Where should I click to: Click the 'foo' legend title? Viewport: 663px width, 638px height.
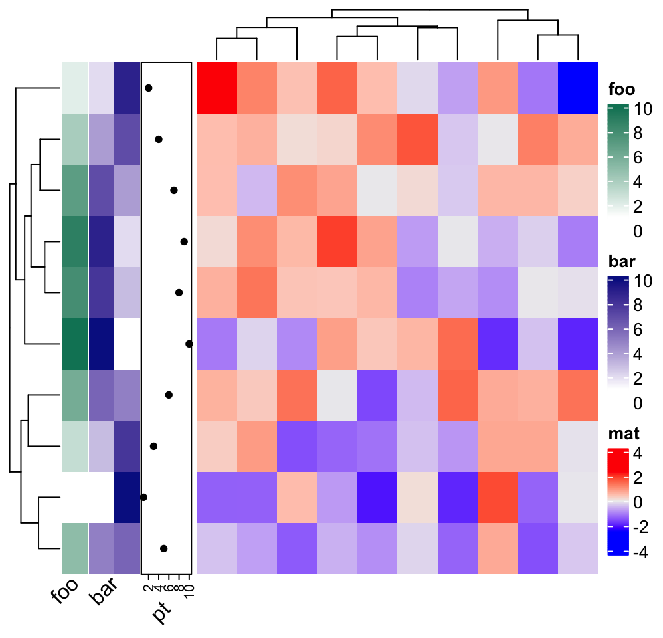pyautogui.click(x=621, y=90)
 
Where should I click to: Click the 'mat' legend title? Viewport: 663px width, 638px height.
pyautogui.click(x=624, y=435)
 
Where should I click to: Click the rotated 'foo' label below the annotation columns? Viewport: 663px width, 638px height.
pyautogui.click(x=64, y=593)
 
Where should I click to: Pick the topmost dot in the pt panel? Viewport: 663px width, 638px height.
pyautogui.click(x=149, y=88)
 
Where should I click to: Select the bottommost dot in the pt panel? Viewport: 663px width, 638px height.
pyautogui.click(x=163, y=548)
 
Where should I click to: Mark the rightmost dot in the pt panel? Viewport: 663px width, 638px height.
pyautogui.click(x=189, y=344)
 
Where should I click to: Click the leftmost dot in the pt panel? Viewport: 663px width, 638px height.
pyautogui.click(x=143, y=496)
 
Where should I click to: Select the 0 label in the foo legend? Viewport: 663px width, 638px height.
pyautogui.click(x=638, y=231)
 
